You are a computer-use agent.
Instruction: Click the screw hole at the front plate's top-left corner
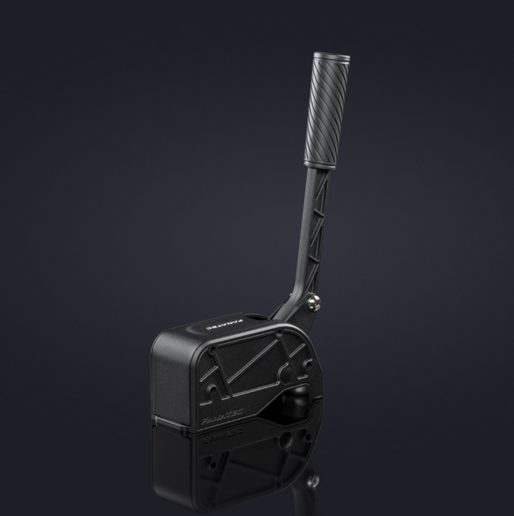214,348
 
